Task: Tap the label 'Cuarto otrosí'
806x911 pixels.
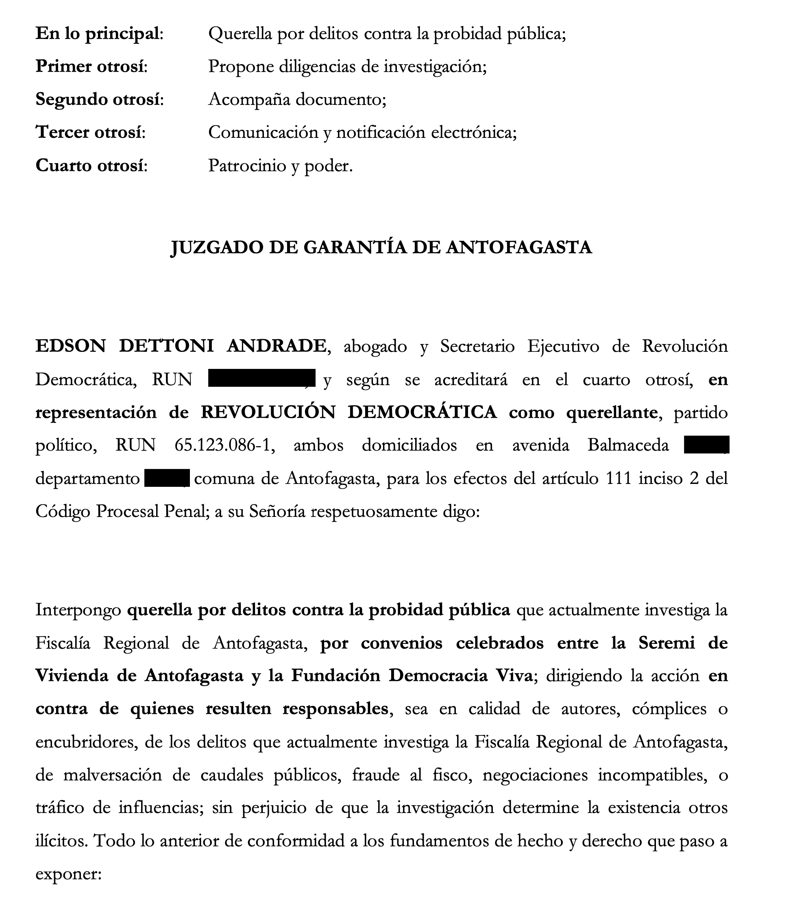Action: [x=91, y=166]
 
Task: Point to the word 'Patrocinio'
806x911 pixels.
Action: [x=247, y=166]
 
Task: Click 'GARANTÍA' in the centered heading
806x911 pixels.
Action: [x=355, y=248]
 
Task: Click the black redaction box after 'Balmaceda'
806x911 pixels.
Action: [x=706, y=445]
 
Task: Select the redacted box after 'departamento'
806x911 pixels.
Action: [x=167, y=478]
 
